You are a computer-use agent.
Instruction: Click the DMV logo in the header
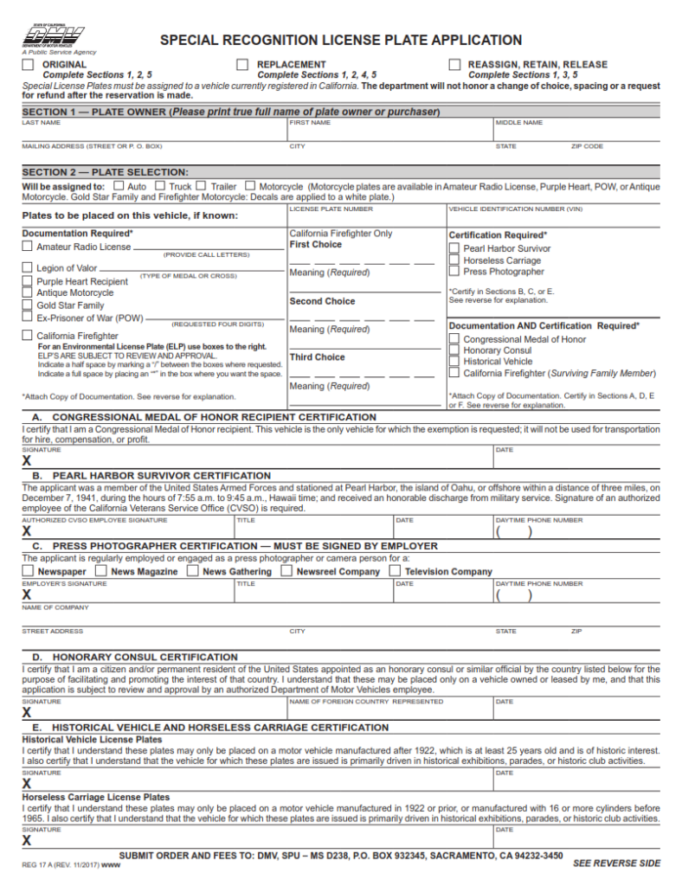click(x=53, y=37)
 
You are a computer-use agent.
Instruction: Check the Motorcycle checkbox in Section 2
click(x=250, y=186)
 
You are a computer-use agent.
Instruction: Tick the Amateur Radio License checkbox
click(x=28, y=247)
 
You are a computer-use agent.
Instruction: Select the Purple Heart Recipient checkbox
click(x=28, y=281)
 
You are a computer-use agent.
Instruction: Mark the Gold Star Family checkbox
click(x=28, y=305)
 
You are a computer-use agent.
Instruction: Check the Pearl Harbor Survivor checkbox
click(x=454, y=248)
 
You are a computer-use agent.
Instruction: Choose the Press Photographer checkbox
click(x=454, y=272)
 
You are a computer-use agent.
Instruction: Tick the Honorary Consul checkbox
click(x=454, y=350)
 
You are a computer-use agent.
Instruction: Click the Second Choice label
click(x=322, y=301)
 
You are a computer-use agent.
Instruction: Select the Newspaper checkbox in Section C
click(x=28, y=571)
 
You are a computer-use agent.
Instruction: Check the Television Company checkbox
click(x=396, y=571)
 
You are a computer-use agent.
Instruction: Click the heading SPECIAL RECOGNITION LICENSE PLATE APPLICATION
click(x=341, y=41)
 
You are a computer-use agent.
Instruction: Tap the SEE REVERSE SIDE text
click(x=616, y=864)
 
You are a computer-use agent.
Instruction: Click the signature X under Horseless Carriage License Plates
click(x=27, y=840)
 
